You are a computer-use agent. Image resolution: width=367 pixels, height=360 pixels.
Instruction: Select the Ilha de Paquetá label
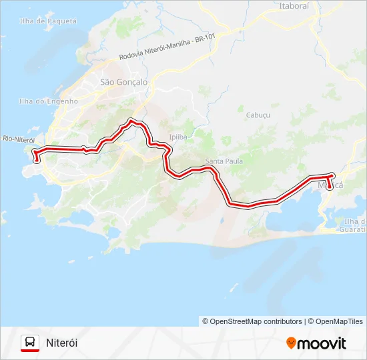pos(48,21)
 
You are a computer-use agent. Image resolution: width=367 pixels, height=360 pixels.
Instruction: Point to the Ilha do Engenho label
pos(48,101)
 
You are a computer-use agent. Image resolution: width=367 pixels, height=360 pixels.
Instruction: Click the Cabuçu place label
pos(258,115)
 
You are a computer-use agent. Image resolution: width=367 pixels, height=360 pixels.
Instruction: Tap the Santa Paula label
pos(224,161)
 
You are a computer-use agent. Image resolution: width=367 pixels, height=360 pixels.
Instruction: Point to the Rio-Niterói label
pos(18,139)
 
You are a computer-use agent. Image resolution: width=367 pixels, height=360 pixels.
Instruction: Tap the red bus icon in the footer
pos(29,343)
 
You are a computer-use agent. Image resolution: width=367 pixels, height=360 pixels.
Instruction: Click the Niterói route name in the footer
pos(62,343)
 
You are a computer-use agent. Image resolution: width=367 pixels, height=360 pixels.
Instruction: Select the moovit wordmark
pos(322,343)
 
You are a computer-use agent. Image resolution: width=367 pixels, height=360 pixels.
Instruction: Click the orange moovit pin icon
pos(291,343)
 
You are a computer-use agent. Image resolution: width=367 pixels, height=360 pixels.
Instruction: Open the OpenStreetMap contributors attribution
pos(252,321)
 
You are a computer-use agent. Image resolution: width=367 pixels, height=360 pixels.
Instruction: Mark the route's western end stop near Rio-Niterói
pos(36,160)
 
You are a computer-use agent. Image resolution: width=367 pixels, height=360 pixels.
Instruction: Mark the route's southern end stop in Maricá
pos(329,187)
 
